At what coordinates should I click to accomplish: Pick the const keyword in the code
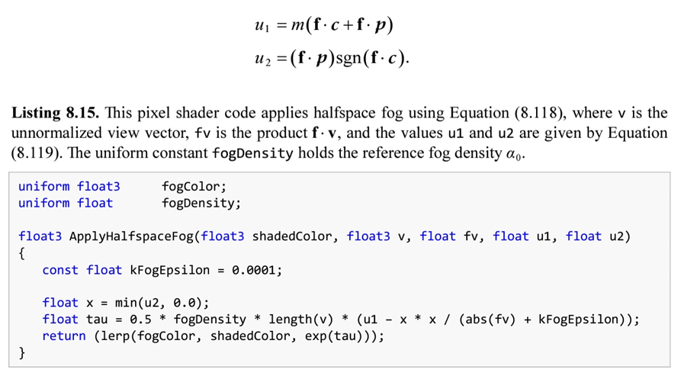60,270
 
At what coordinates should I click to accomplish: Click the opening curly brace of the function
22,253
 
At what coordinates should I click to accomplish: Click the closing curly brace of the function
22,353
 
